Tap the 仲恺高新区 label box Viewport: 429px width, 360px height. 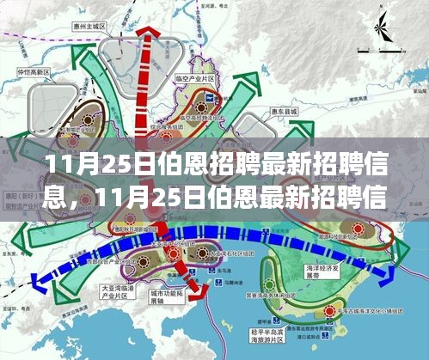pyautogui.click(x=26, y=71)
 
